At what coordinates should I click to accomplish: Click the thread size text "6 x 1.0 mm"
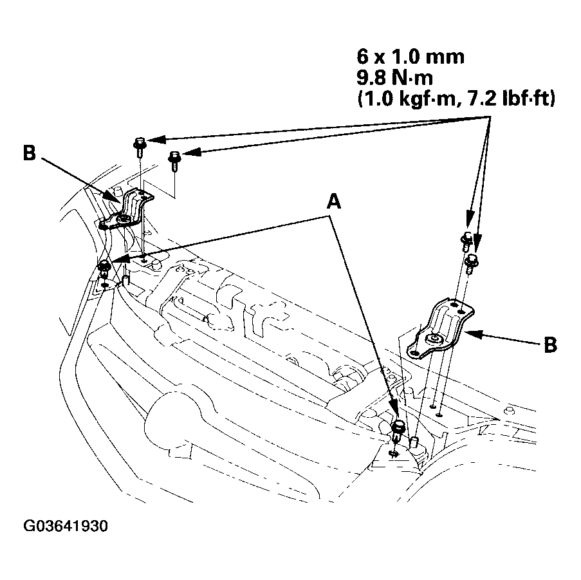pyautogui.click(x=409, y=56)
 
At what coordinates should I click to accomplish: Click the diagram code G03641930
pyautogui.click(x=66, y=526)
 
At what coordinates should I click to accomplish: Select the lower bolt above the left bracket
pyautogui.click(x=174, y=158)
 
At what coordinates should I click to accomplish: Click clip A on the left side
pyautogui.click(x=102, y=267)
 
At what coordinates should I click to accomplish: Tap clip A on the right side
pyautogui.click(x=398, y=429)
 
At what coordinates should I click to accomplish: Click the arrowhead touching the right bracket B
pyautogui.click(x=468, y=333)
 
